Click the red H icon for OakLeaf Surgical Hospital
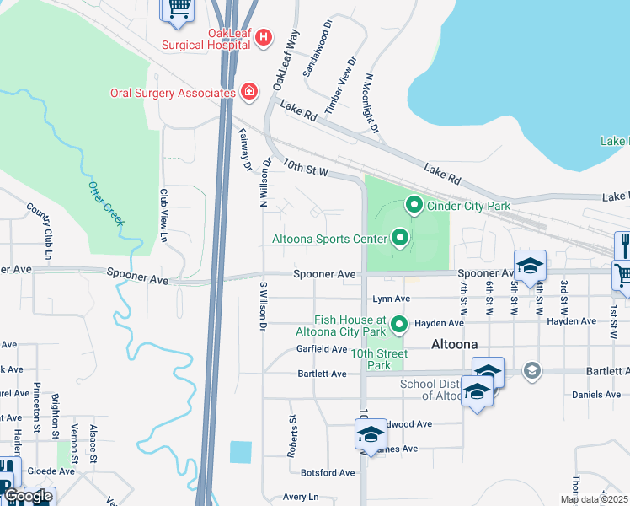pos(264,37)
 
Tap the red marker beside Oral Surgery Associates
pos(248,91)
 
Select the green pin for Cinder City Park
pos(414,204)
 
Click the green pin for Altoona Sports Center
pos(400,239)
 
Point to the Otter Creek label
pos(106,202)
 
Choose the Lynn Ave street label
pos(391,299)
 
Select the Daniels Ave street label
pos(596,395)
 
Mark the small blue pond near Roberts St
pos(240,451)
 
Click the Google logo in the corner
pos(27,496)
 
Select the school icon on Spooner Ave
pos(530,265)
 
